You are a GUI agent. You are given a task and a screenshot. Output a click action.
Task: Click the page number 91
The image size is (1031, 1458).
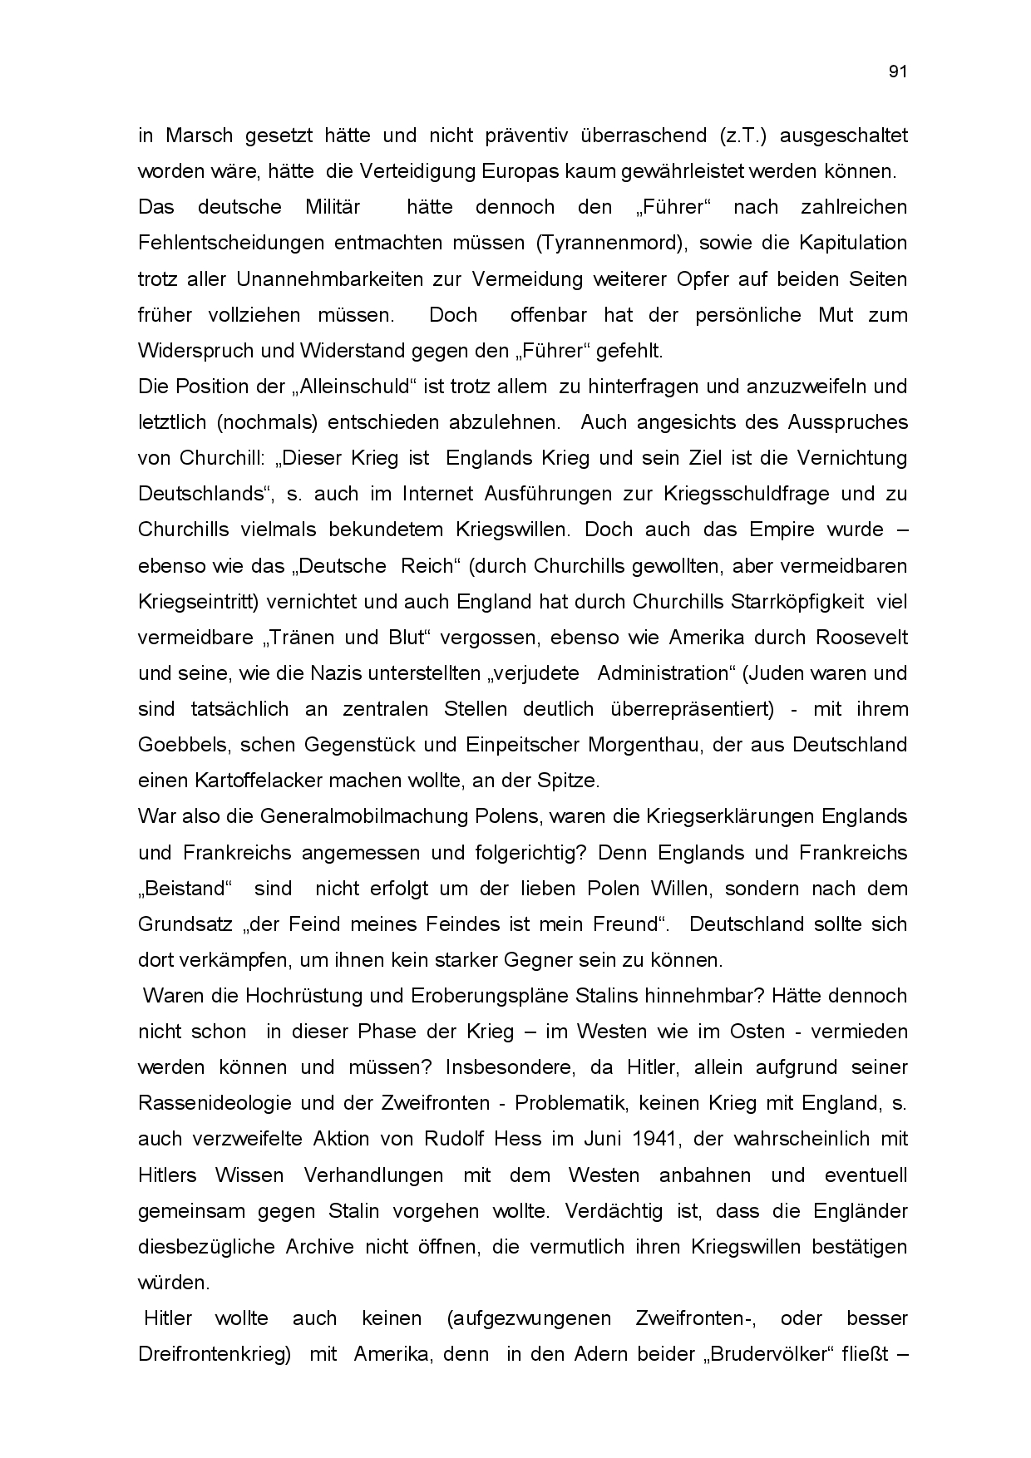click(897, 71)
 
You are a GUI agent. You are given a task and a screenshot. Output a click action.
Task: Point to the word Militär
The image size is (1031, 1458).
click(333, 207)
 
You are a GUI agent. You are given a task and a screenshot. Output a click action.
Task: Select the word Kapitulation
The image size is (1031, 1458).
click(853, 243)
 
